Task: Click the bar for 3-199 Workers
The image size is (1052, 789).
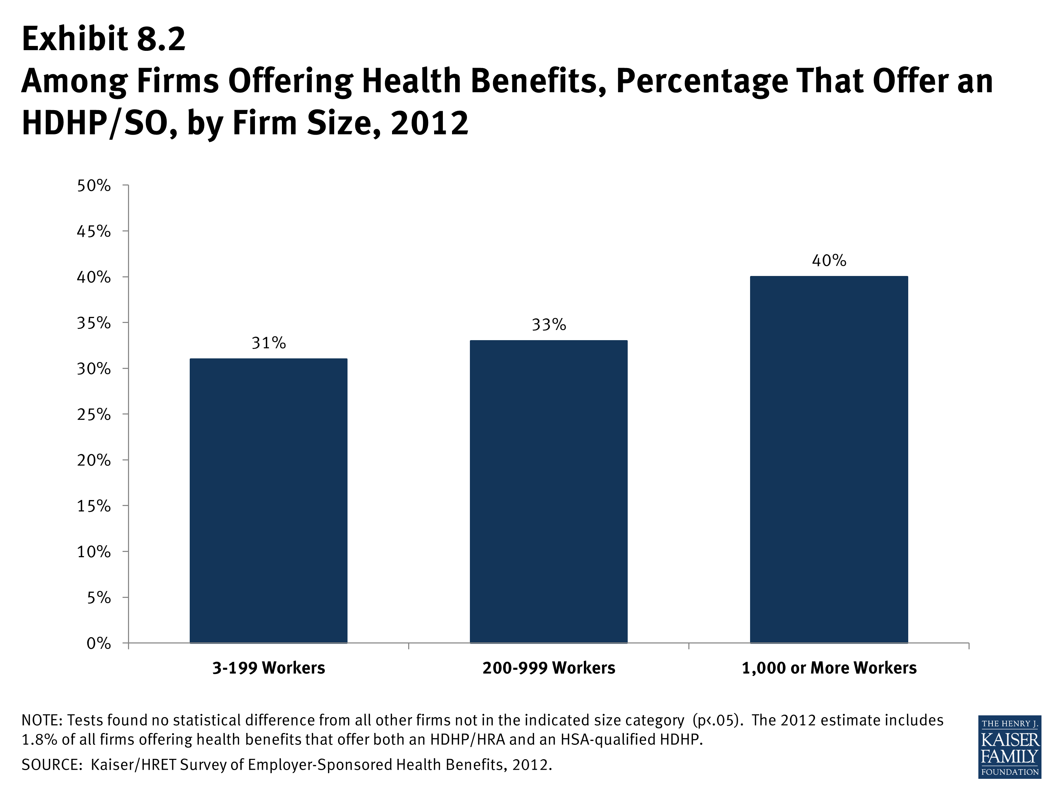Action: pos(268,501)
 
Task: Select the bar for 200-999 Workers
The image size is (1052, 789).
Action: pos(549,492)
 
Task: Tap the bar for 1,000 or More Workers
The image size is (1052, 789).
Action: pos(829,459)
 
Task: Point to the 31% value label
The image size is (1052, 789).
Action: pos(269,343)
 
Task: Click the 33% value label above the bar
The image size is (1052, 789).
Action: pos(549,325)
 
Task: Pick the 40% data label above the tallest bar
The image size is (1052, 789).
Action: pos(829,261)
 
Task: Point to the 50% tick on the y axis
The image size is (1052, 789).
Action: pos(94,186)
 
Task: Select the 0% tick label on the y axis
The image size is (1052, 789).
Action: pos(99,643)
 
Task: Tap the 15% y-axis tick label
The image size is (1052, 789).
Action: pos(94,506)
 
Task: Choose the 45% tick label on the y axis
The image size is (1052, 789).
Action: pos(94,231)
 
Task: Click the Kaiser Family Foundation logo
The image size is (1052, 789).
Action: pos(1010,747)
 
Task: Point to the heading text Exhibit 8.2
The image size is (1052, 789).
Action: pos(104,39)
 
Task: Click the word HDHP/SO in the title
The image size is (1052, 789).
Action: pos(99,123)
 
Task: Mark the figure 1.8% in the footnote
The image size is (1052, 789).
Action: pos(40,740)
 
